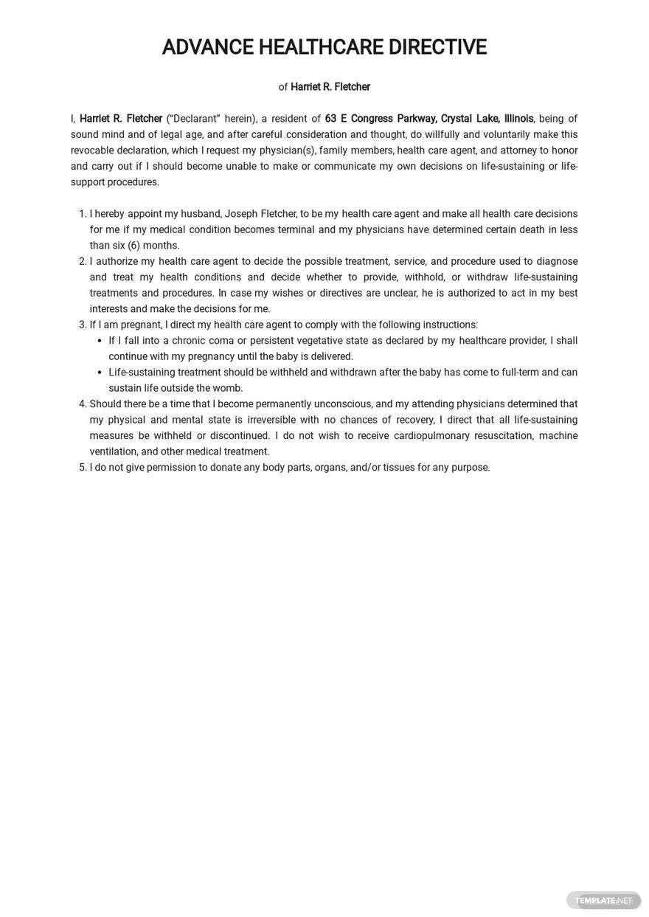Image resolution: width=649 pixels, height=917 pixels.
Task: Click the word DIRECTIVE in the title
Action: coord(437,47)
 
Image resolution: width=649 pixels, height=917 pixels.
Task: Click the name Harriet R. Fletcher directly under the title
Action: coord(330,87)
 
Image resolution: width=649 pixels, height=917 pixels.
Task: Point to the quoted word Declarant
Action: coord(193,119)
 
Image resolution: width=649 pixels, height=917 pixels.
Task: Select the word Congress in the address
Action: coord(372,119)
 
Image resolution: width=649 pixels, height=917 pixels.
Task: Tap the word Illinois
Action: coord(518,119)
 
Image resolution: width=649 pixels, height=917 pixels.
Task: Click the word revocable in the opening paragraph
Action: coord(92,150)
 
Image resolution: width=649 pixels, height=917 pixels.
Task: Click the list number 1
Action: coord(83,214)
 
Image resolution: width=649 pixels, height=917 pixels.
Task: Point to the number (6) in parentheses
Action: coord(133,246)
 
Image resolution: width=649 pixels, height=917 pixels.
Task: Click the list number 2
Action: coord(83,262)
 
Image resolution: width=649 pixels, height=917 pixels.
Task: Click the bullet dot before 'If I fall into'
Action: coord(101,341)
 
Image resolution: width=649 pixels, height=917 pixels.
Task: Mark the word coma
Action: coord(221,341)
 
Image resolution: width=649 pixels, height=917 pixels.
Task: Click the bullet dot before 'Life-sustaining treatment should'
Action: coord(101,373)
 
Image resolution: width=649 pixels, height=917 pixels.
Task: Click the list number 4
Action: coord(83,404)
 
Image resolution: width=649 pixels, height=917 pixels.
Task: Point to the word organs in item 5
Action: coord(330,468)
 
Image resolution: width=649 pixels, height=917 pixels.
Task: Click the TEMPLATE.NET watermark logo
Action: coord(603,900)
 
